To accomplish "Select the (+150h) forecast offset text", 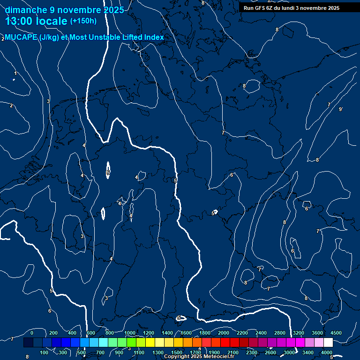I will click(x=83, y=21).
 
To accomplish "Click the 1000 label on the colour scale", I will click(x=130, y=333).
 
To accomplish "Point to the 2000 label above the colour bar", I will click(x=224, y=333).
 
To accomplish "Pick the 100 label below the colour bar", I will click(x=45, y=352).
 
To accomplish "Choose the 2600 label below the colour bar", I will click(x=270, y=352).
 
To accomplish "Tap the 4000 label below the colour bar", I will click(x=327, y=352).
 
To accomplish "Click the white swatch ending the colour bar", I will click(x=328, y=343).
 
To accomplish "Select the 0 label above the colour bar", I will click(x=31, y=333).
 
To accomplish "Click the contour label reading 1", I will click(x=15, y=73).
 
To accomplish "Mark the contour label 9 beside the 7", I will click(x=341, y=109).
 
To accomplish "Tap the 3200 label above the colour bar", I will click(x=299, y=333).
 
